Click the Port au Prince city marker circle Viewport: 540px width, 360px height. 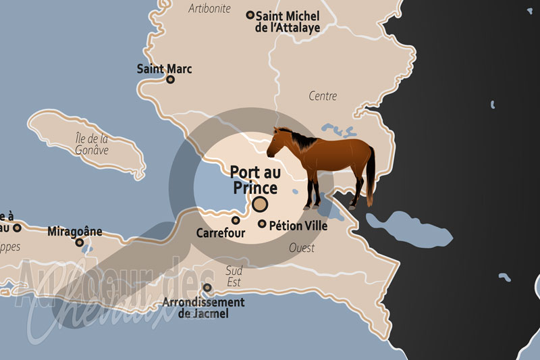pyautogui.click(x=260, y=204)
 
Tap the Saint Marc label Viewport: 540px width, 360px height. pyautogui.click(x=164, y=68)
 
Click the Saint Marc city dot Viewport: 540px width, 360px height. pyautogui.click(x=170, y=79)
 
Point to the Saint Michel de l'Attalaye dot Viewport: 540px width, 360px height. pyautogui.click(x=250, y=14)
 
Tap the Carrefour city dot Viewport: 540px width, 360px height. pyautogui.click(x=236, y=220)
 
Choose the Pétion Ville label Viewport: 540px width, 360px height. pyautogui.click(x=298, y=226)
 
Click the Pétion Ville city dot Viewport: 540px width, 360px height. pyautogui.click(x=262, y=224)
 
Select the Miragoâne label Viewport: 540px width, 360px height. pyautogui.click(x=75, y=231)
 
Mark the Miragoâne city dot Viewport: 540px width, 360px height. pyautogui.click(x=79, y=242)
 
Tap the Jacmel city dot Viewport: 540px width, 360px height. pyautogui.click(x=207, y=288)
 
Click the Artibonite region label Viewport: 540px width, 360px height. pyautogui.click(x=210, y=9)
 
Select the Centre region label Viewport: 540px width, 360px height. pyautogui.click(x=323, y=96)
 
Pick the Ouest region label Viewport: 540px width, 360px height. pyautogui.click(x=302, y=248)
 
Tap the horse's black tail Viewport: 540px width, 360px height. pyautogui.click(x=371, y=176)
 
